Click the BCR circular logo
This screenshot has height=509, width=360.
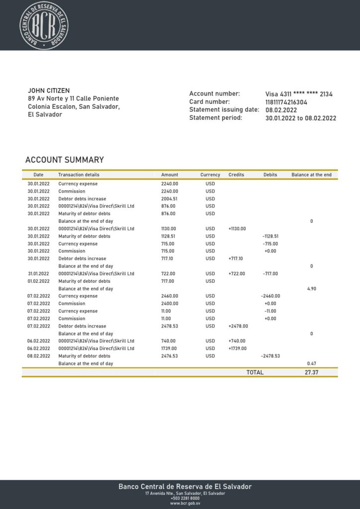43,25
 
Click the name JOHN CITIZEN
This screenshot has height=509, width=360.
49,90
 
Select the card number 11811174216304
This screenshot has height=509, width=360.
286,102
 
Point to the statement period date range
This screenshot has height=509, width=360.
301,118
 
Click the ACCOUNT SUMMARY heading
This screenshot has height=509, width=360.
65,160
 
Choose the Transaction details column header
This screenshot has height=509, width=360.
79,175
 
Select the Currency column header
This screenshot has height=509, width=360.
210,175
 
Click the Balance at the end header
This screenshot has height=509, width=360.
311,175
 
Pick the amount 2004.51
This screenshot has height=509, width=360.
170,199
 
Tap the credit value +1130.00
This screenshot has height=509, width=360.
237,229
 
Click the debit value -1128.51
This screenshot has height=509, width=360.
270,236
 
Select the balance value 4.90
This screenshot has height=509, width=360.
312,289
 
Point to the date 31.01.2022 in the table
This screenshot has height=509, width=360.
38,274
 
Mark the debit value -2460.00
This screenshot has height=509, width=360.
270,296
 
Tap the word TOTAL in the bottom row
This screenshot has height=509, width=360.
255,372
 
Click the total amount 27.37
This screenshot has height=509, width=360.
311,372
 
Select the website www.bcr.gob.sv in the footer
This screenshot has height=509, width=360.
185,503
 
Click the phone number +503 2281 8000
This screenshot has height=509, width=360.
185,498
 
